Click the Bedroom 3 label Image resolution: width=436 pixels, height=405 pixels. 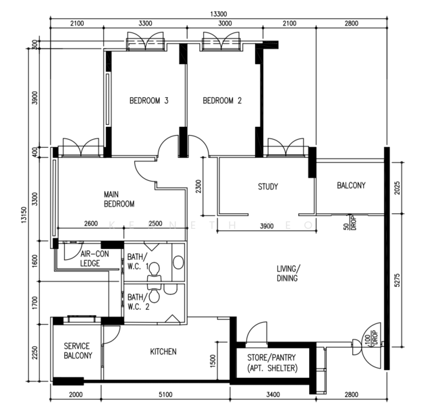(x=148, y=101)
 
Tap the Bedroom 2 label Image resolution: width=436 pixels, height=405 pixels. (x=222, y=101)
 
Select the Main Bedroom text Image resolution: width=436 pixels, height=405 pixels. (x=119, y=199)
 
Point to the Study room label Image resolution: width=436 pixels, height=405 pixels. (x=268, y=186)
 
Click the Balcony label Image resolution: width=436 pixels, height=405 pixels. (x=351, y=185)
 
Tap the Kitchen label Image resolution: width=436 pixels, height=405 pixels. (x=163, y=352)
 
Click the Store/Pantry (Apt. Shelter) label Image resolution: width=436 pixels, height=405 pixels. (x=272, y=363)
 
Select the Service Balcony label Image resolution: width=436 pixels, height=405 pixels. (x=78, y=351)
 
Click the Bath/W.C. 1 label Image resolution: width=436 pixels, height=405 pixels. (x=138, y=261)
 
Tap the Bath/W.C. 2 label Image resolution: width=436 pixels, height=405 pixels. (x=138, y=302)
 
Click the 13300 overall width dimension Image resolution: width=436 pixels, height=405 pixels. (x=218, y=14)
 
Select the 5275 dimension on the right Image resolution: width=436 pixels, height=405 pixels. (x=398, y=280)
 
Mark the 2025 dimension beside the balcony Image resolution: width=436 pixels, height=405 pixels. (x=398, y=188)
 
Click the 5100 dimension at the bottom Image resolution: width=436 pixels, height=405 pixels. (x=165, y=394)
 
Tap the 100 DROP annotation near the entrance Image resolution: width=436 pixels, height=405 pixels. (x=371, y=339)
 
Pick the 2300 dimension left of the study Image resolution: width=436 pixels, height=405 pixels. (x=198, y=186)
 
